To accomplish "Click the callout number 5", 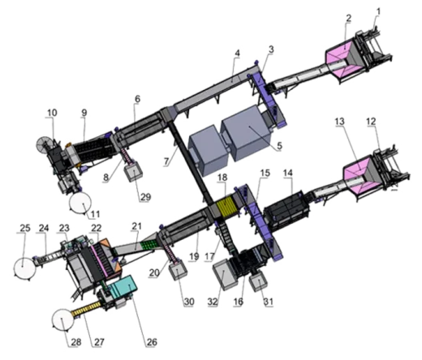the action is (279, 146).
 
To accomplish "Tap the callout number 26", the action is (152, 342).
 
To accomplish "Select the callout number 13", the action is (340, 122).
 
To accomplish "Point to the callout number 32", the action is (213, 302).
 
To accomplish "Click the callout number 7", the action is (166, 161).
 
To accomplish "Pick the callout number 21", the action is (136, 226).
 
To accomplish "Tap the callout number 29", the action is (145, 197).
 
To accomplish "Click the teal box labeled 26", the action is (123, 287).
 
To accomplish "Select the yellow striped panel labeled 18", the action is (226, 206).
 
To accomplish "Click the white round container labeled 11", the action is (80, 203).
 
